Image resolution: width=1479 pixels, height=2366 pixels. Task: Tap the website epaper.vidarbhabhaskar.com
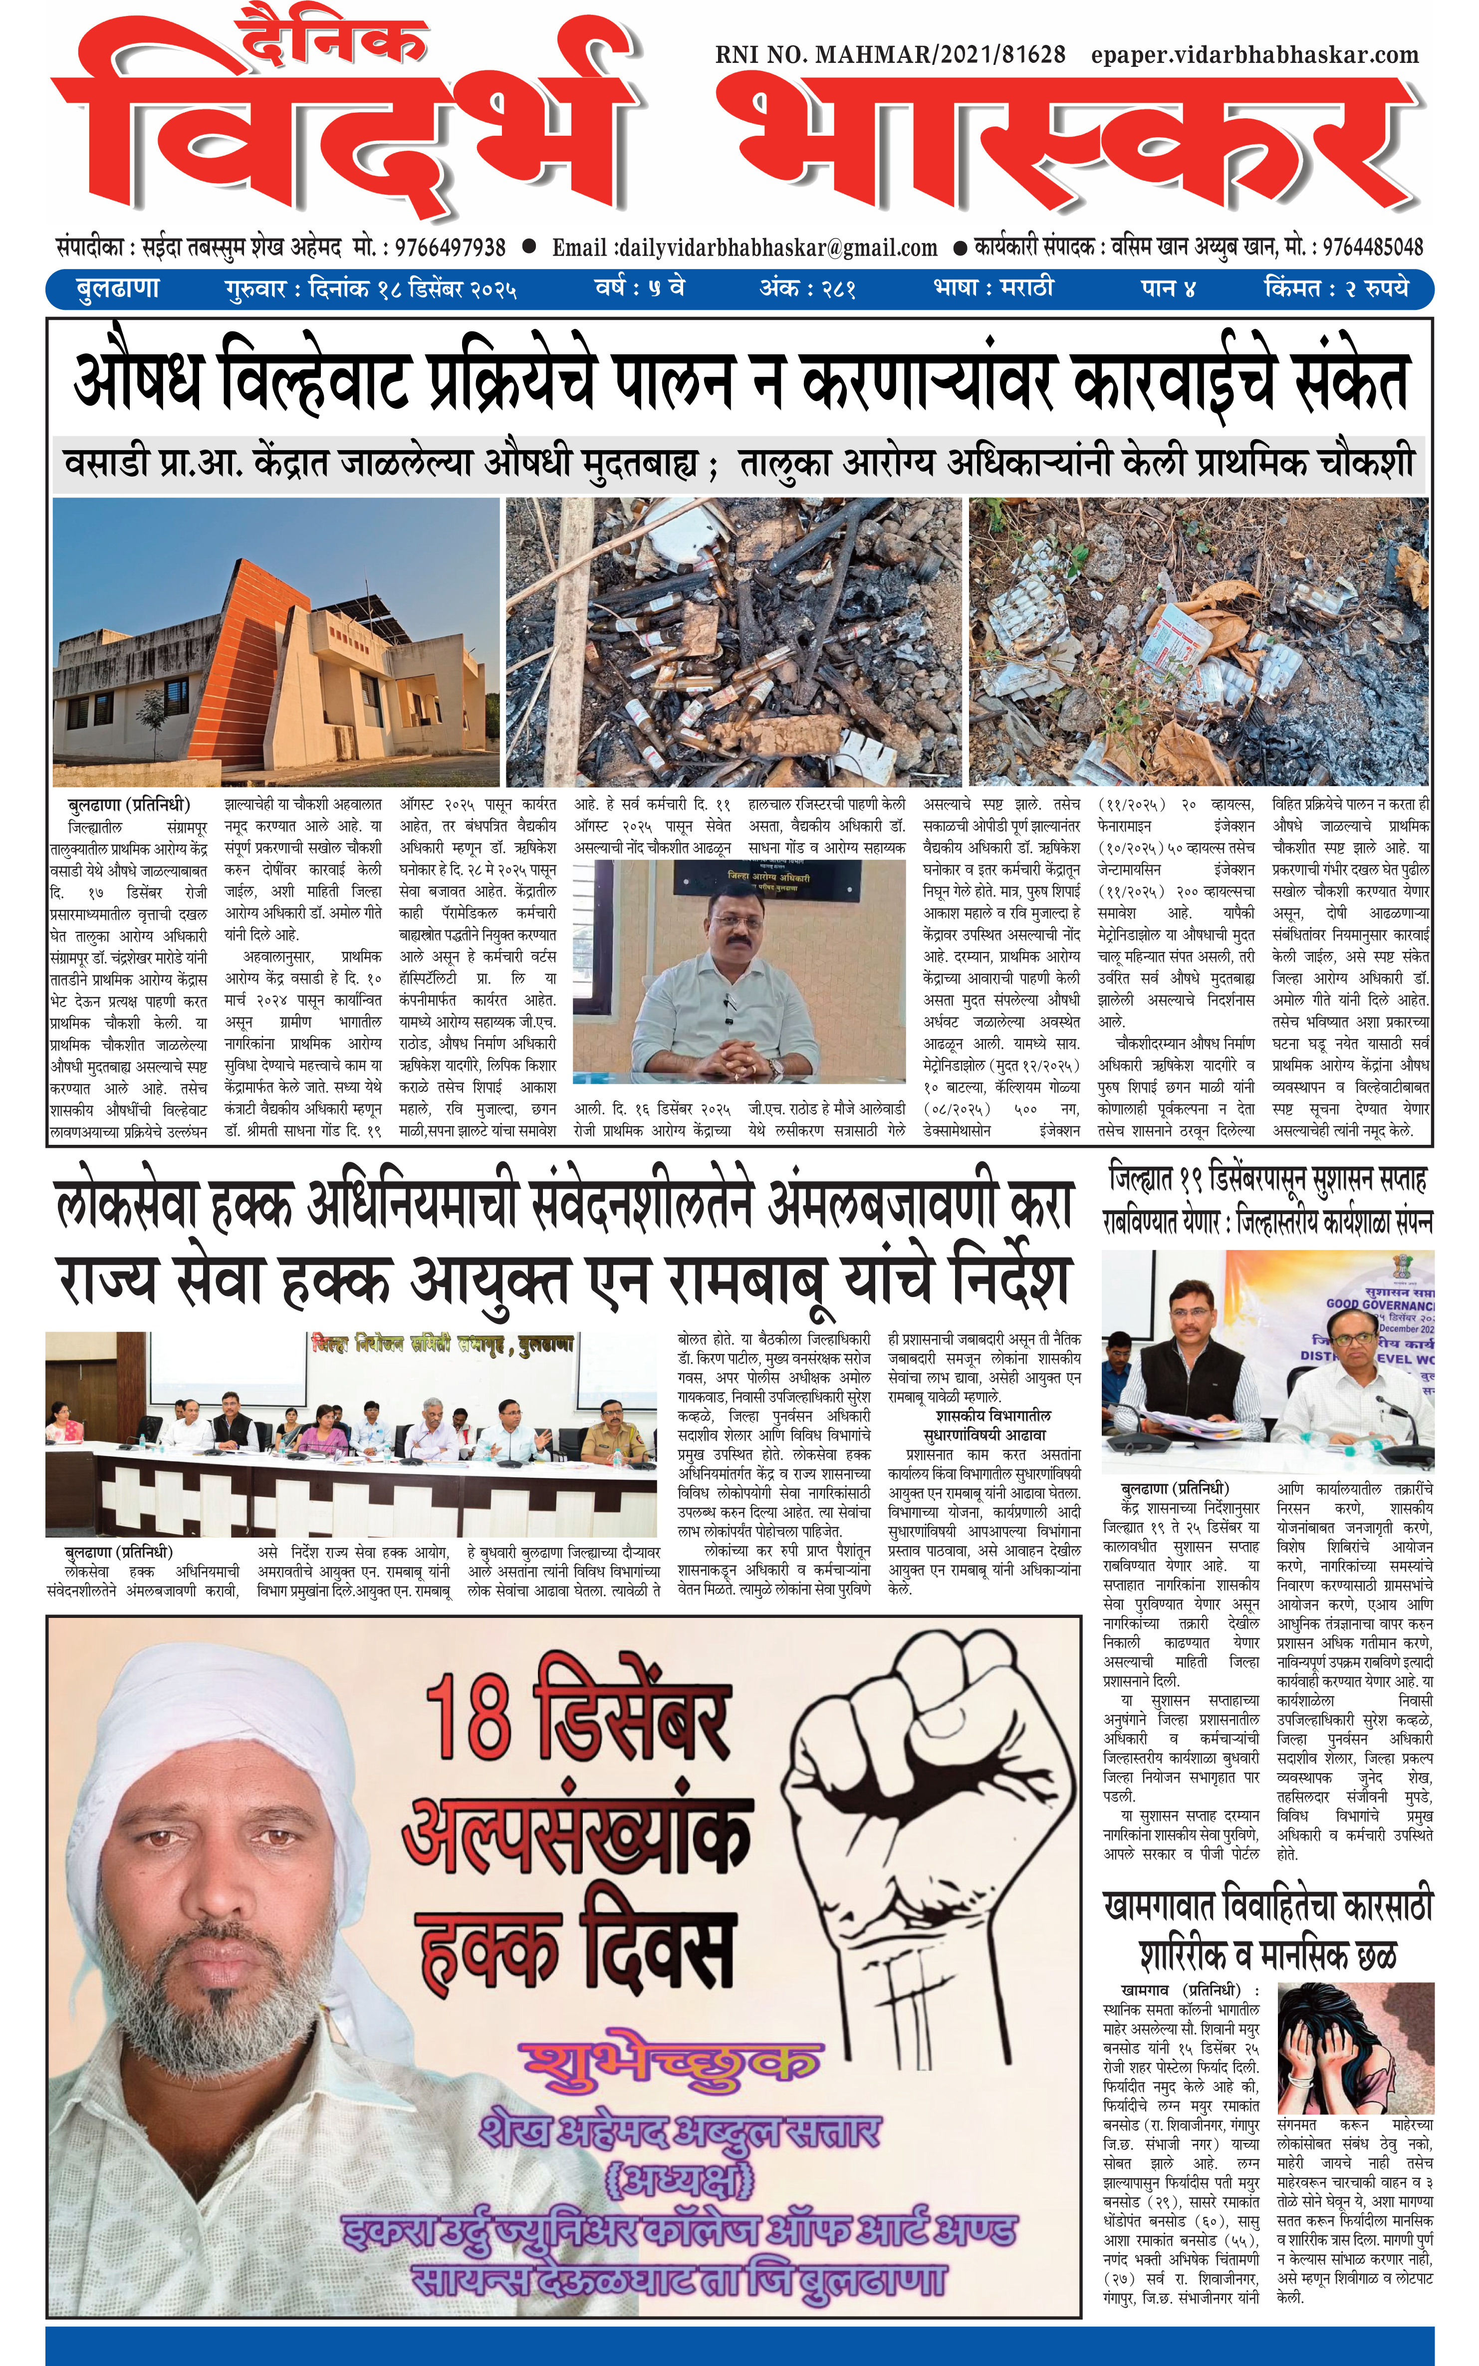pyautogui.click(x=1255, y=55)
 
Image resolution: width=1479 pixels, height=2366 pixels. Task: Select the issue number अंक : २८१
pyautogui.click(x=808, y=289)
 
